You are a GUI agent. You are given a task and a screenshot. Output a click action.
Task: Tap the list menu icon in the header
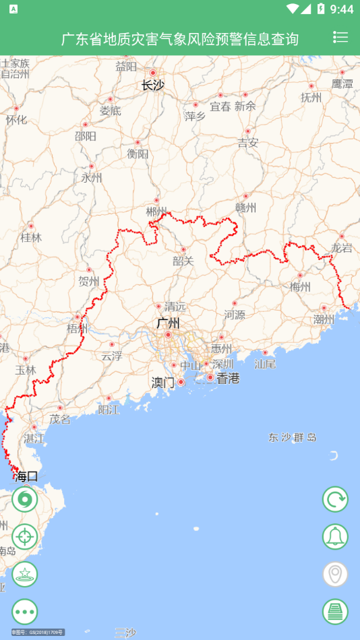pos(340,38)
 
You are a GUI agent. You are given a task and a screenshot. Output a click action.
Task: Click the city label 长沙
pos(152,85)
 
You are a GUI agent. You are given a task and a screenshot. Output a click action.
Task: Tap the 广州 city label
pos(168,323)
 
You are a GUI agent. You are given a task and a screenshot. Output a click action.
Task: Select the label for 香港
pos(228,378)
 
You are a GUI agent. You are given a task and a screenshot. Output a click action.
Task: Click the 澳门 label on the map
pos(162,383)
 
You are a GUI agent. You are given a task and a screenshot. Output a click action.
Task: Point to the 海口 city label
pos(27,476)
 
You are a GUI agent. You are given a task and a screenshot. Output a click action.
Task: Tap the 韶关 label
pos(183,261)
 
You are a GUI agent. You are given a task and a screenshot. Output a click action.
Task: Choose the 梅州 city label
pos(300,287)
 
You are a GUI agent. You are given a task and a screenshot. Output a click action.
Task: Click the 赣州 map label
pos(245,208)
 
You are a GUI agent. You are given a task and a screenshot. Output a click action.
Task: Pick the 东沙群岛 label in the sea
pos(293,437)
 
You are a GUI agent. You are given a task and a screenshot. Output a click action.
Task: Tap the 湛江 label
pos(34,439)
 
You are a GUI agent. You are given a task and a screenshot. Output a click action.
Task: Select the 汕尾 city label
pos(265,364)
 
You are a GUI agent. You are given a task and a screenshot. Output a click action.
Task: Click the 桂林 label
pos(31,237)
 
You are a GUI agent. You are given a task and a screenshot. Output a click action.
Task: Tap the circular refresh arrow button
pos(335,499)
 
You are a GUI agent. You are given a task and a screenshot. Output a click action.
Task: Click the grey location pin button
pos(335,575)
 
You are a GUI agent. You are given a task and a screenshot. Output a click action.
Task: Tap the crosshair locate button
pos(25,537)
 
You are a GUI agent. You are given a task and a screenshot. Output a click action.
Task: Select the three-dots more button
pos(25,612)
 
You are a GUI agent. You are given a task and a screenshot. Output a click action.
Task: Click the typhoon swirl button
pos(25,499)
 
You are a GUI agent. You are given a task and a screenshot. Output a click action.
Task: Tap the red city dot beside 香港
pos(210,378)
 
